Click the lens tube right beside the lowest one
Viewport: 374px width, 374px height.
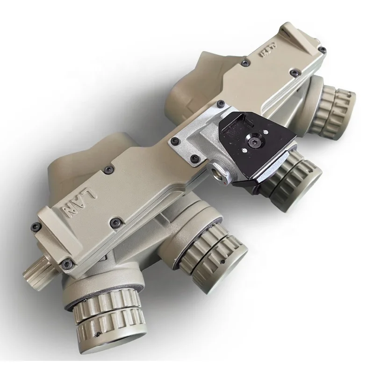206,259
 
